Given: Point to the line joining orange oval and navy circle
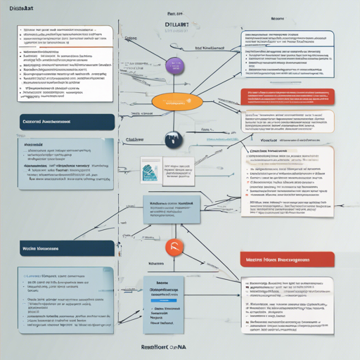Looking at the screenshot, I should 173,120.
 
